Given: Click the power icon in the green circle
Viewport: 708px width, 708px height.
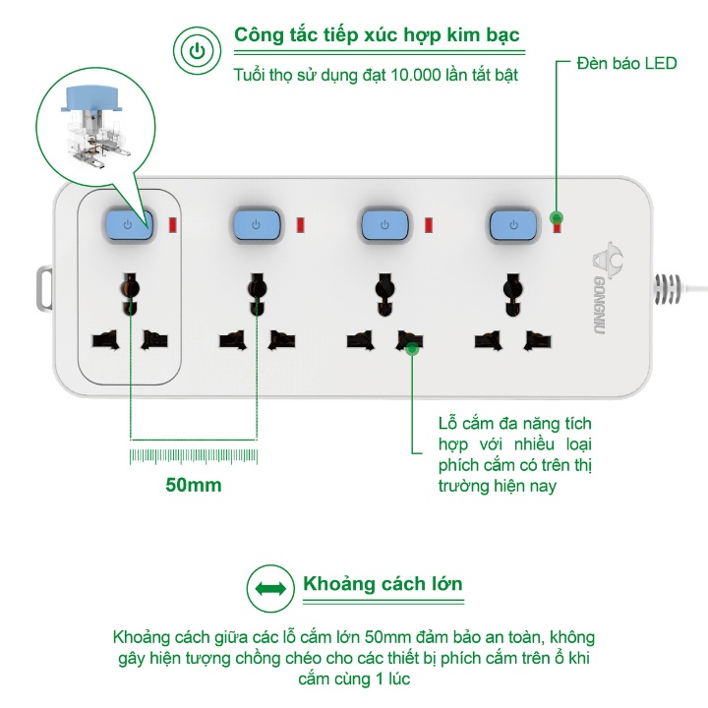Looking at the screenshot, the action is tap(197, 50).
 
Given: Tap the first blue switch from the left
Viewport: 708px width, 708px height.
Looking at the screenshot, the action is tap(128, 224).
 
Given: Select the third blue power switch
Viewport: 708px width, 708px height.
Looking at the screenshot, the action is tap(384, 224).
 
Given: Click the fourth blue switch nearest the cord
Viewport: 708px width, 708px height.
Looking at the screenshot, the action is tap(513, 224).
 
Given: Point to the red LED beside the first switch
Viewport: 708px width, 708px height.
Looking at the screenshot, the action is tap(172, 225).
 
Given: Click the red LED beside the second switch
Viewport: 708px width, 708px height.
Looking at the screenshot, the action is tap(300, 225).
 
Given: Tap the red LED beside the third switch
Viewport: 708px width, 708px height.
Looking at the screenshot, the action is tap(429, 225).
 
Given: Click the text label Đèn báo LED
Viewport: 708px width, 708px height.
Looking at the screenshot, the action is tap(626, 63).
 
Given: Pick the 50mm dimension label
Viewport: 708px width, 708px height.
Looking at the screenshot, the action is tap(194, 485).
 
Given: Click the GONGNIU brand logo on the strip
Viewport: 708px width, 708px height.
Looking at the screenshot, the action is tap(601, 288).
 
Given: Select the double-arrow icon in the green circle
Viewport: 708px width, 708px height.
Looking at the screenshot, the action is tap(270, 588).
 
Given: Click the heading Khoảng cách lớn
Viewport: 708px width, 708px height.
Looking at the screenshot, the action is tap(383, 583).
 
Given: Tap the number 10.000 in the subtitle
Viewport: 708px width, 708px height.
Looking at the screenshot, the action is tap(415, 75).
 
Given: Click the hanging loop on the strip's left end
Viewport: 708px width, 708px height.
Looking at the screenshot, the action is tap(44, 288).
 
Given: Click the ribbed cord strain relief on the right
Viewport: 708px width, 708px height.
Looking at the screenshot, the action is tap(667, 288).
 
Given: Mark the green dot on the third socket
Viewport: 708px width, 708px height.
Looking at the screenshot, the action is tap(412, 349).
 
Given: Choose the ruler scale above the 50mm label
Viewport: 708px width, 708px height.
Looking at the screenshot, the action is tap(194, 456).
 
